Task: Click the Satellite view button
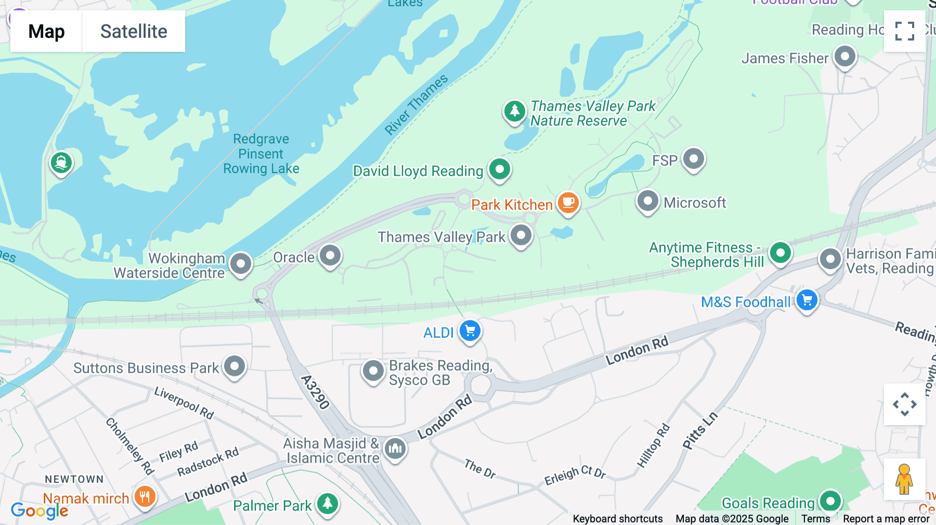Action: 134,31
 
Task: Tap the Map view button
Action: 46,31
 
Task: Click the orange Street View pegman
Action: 904,479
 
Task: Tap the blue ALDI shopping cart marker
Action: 470,331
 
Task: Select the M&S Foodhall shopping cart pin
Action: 807,300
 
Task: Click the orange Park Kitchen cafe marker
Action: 568,203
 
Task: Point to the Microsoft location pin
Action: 647,201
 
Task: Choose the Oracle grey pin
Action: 330,256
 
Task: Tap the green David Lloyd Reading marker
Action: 500,169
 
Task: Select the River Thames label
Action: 416,104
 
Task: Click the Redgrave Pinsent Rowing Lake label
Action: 261,154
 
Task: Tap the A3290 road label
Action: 315,392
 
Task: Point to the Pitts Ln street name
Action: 700,430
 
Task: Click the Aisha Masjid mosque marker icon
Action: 395,448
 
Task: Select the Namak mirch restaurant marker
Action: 145,497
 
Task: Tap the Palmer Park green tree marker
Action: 328,504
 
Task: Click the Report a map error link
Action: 886,519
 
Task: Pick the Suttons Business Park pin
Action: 235,366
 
